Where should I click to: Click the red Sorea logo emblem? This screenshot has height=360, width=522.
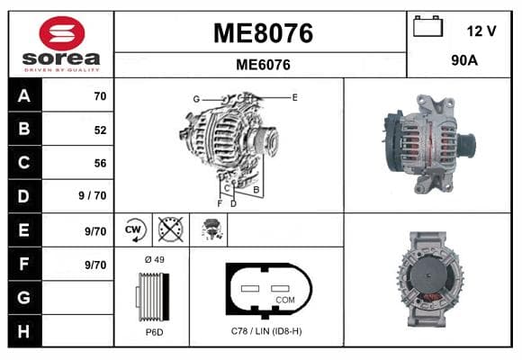(62, 33)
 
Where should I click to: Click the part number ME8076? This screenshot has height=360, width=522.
(263, 33)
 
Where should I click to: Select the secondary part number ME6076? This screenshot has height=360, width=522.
(263, 65)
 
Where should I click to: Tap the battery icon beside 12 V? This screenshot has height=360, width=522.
(427, 26)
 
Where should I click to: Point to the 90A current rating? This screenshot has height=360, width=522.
(464, 60)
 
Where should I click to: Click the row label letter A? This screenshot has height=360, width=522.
(24, 96)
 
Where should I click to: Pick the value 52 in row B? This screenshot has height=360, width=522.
(100, 130)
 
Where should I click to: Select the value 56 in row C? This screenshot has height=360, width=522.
(100, 163)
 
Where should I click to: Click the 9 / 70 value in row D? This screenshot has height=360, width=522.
(93, 195)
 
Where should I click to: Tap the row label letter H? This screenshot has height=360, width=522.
(23, 331)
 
